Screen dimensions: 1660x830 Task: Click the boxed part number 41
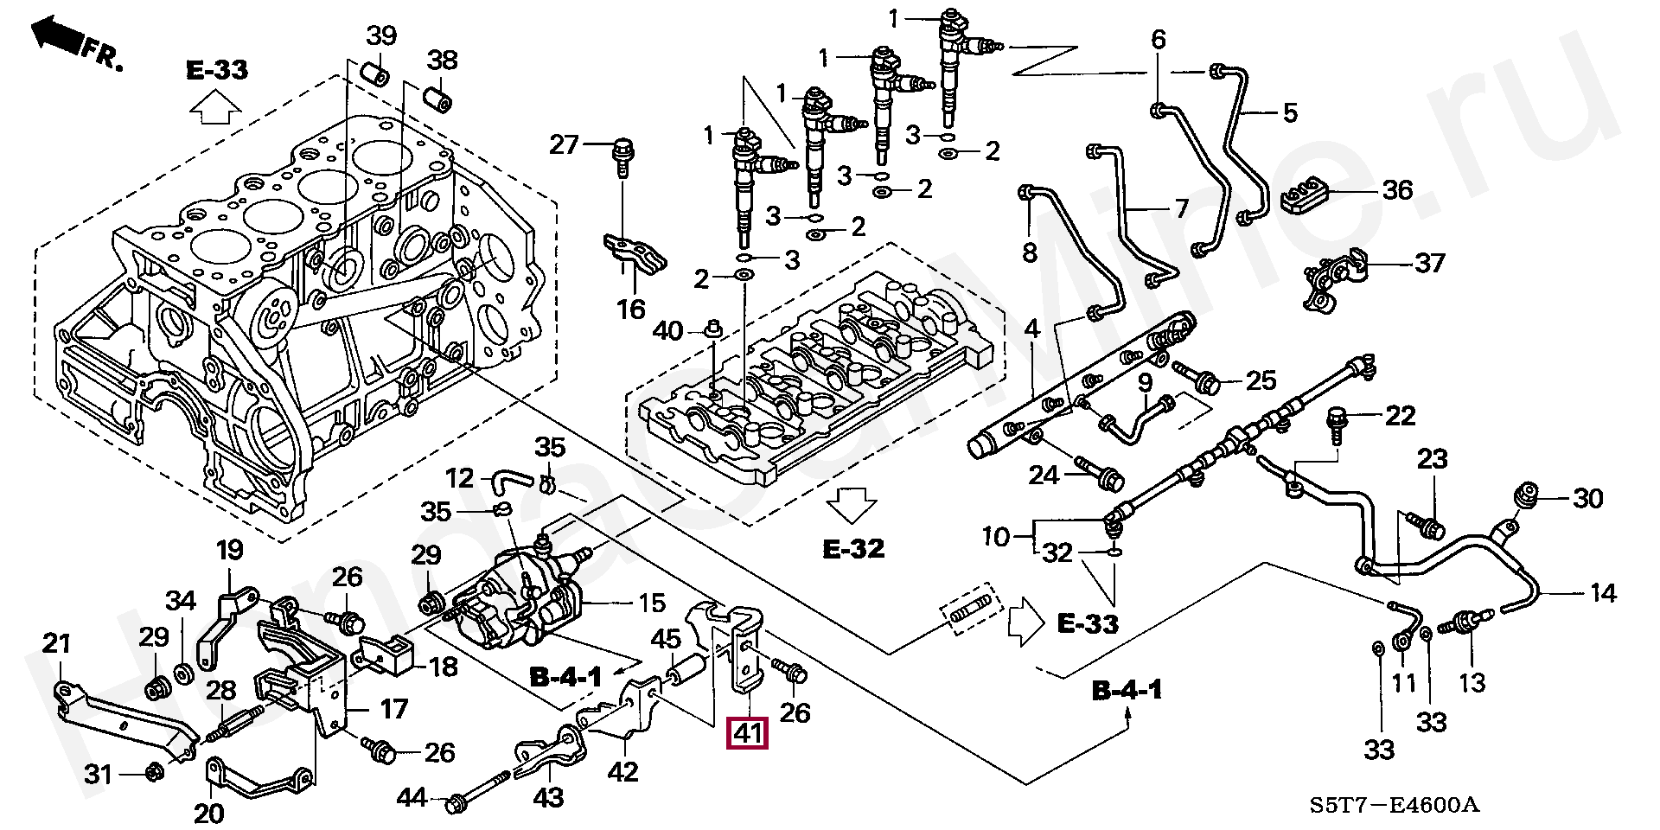pos(747,733)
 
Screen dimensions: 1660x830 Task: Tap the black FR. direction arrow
pos(57,35)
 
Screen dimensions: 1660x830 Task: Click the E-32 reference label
pos(853,548)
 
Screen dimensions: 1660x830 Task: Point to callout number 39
pos(381,35)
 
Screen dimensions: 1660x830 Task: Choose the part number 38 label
pos(443,60)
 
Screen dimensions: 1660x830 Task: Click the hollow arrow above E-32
pos(852,505)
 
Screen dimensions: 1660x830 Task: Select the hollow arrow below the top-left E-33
pos(215,108)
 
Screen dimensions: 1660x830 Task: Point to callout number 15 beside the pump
pos(651,603)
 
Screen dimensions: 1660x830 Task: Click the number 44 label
pos(412,796)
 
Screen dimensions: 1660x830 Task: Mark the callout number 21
pos(57,643)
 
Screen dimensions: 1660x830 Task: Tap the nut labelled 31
pos(153,771)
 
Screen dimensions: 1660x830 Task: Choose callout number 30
pos(1587,498)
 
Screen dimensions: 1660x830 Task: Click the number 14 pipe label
pos(1602,593)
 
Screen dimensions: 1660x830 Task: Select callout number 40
pos(667,331)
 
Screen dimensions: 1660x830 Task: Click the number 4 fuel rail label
pos(1032,329)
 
